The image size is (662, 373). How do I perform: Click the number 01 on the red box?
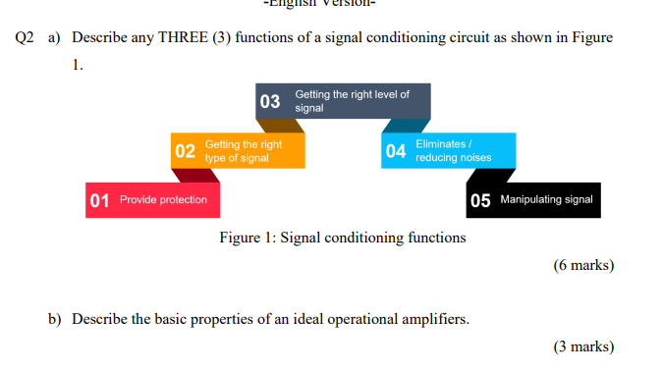tap(100, 200)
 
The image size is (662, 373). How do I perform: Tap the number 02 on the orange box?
tap(185, 151)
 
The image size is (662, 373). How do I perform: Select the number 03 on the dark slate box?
tap(269, 101)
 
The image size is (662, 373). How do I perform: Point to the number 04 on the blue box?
tap(396, 151)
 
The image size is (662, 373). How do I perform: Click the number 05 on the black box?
tap(480, 200)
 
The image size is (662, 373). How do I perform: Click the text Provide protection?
tap(163, 200)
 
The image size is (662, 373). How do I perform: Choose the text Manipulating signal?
tap(546, 200)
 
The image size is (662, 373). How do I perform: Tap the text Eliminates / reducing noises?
tap(452, 151)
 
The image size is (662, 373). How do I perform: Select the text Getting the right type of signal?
tap(243, 151)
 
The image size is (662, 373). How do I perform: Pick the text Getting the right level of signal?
tap(352, 101)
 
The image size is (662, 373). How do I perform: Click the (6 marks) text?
tap(583, 266)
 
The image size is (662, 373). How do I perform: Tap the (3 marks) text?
tap(583, 346)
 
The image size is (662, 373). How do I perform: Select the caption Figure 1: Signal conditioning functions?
tap(343, 238)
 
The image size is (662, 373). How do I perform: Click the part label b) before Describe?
tap(54, 319)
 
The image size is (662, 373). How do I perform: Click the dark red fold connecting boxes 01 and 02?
tap(194, 176)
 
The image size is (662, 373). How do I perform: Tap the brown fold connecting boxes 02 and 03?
tap(283, 126)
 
